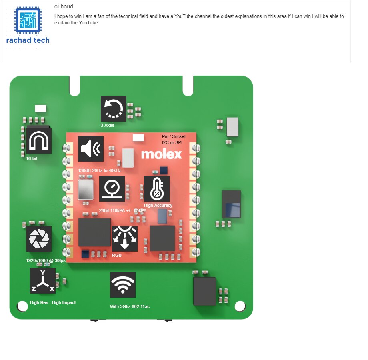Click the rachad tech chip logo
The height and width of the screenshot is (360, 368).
tap(28, 20)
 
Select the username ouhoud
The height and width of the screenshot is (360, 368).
tap(64, 6)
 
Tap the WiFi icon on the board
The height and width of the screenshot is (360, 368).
tap(123, 285)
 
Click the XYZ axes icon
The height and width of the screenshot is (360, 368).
tap(43, 281)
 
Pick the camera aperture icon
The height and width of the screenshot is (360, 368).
tap(39, 239)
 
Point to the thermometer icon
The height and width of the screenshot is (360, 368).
tap(157, 189)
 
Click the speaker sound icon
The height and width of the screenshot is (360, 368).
tap(90, 149)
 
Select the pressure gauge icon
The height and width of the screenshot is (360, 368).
tap(112, 189)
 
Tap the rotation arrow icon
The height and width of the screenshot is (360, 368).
tap(114, 109)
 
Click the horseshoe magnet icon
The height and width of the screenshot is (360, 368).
tap(39, 141)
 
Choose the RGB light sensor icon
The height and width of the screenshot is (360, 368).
tap(125, 239)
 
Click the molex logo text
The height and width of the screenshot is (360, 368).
tap(161, 154)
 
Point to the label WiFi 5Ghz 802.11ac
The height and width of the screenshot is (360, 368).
tap(130, 306)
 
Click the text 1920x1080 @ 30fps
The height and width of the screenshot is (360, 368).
tap(46, 260)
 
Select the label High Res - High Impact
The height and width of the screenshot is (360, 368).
tap(53, 302)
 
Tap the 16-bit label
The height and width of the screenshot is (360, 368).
tap(32, 158)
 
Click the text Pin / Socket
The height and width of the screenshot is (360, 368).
tap(174, 136)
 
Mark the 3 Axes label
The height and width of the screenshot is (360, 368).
tap(108, 125)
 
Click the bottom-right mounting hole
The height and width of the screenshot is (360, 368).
tap(240, 306)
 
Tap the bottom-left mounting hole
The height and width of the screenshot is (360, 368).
tap(22, 306)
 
